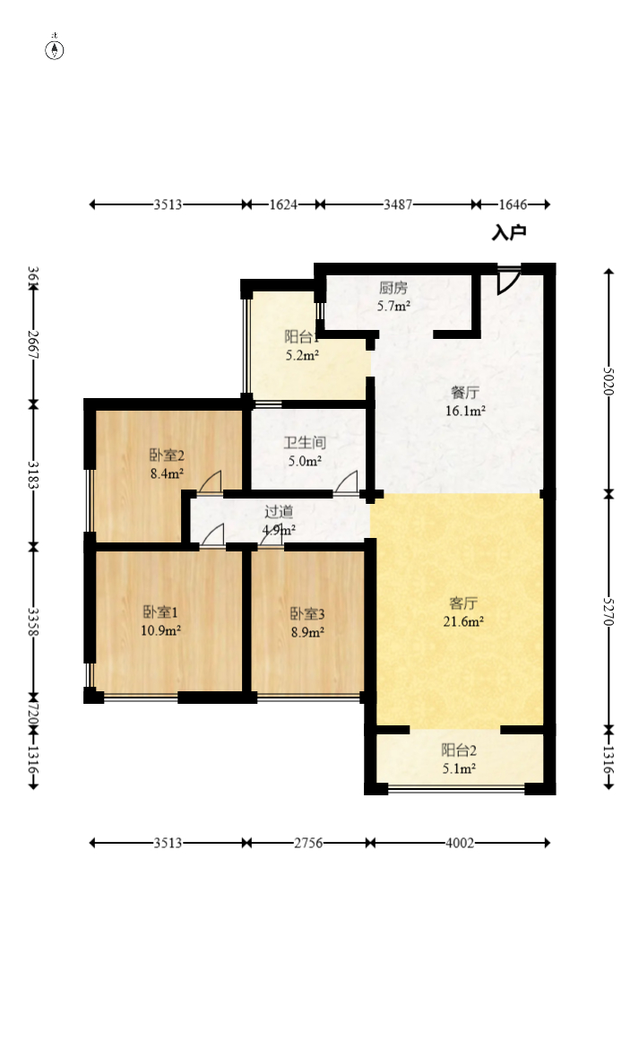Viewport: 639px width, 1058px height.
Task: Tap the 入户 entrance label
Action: (508, 233)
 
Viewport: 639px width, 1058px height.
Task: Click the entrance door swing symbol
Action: (508, 280)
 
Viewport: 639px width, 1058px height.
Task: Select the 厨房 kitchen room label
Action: (393, 289)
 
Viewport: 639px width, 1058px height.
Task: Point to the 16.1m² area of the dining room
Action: (467, 412)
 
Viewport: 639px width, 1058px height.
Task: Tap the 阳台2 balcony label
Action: (458, 750)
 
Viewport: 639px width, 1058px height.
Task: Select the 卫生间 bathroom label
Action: (304, 443)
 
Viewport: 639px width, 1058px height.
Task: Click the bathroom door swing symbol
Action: (347, 481)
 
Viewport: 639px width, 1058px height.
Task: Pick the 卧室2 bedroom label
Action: (167, 455)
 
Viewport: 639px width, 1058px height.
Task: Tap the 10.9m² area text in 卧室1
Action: (162, 630)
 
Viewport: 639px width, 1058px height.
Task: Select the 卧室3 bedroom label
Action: (307, 614)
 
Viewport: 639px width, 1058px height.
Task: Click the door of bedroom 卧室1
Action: (212, 535)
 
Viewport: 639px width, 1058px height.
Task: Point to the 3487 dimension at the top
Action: (398, 204)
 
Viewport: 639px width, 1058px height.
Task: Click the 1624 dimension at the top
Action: (283, 204)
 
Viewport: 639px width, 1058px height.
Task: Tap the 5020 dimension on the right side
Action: (609, 382)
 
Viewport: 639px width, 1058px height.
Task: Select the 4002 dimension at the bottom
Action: (459, 843)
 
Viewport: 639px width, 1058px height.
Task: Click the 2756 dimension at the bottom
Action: (308, 843)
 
